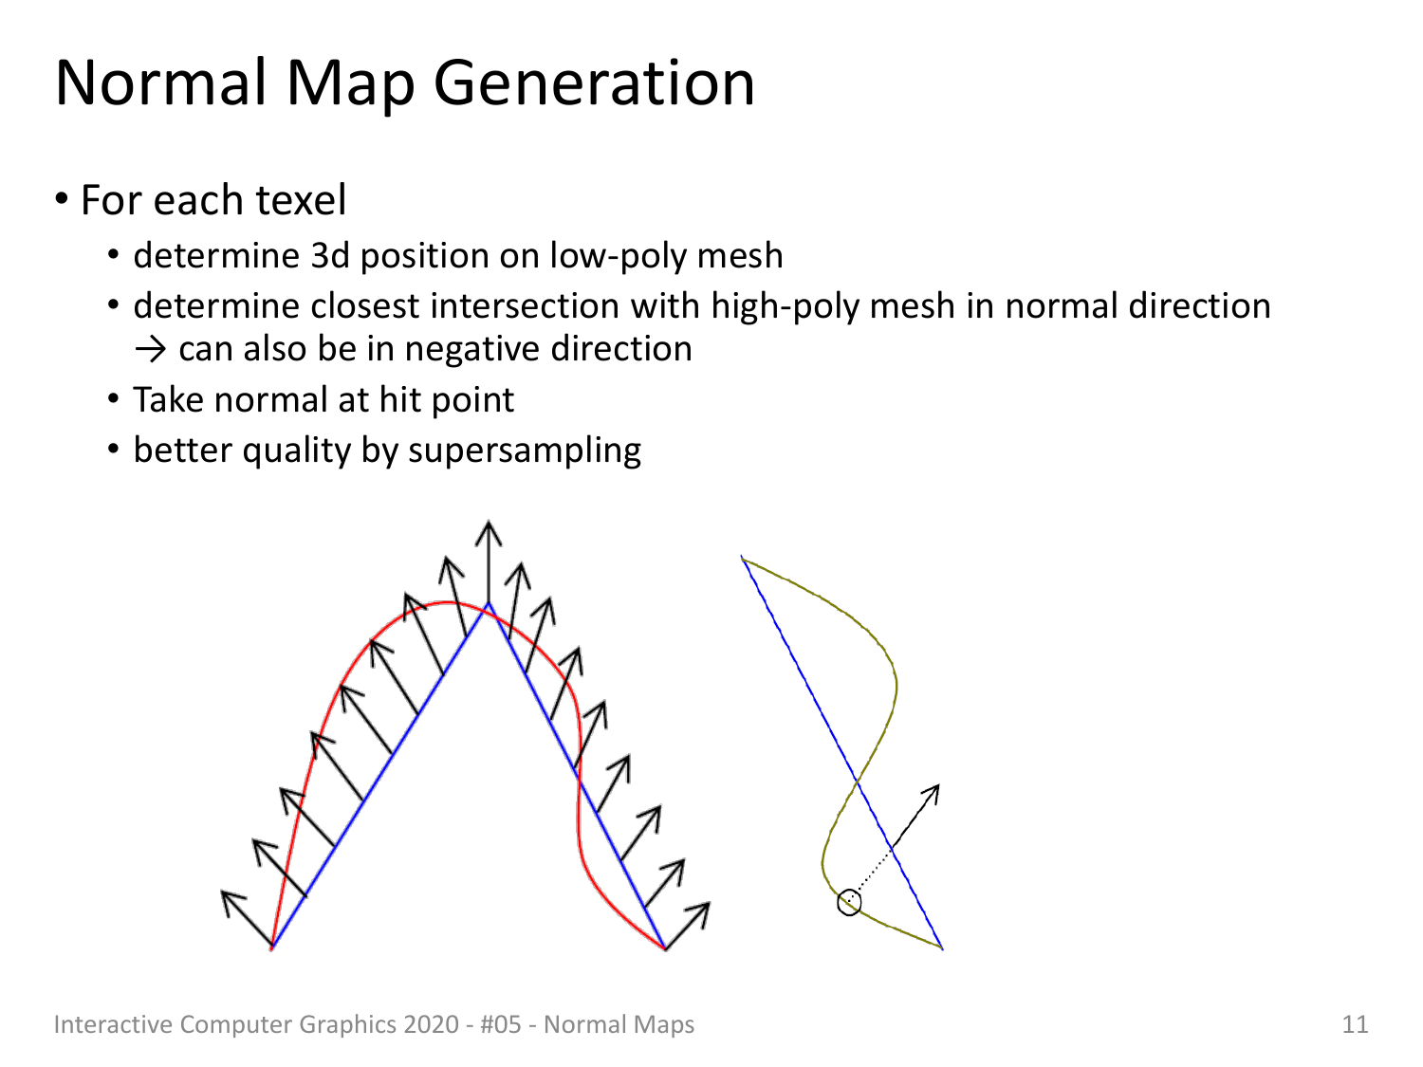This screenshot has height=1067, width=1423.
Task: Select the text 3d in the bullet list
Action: coord(330,255)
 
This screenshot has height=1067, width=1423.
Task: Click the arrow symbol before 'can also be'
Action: coord(151,350)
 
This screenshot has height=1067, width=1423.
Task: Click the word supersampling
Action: coord(525,451)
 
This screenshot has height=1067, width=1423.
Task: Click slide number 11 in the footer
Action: coord(1355,1024)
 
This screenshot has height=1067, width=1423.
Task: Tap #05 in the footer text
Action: coord(501,1024)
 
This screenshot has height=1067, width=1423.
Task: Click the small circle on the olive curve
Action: coord(849,903)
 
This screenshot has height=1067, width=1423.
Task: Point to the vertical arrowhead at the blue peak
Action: coord(489,531)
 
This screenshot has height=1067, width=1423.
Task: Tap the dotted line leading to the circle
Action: coord(871,874)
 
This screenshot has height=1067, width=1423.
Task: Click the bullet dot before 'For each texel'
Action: coord(62,199)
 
